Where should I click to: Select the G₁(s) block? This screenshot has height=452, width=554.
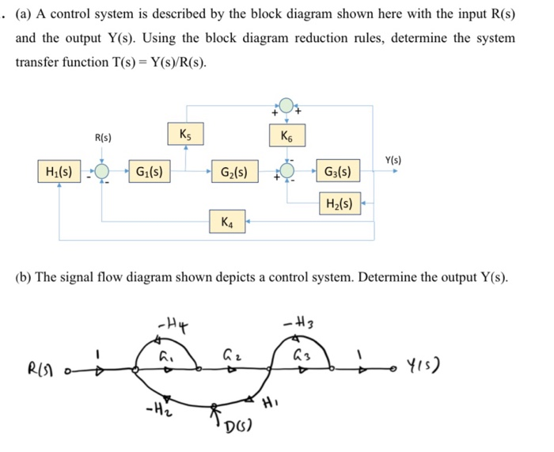coord(150,171)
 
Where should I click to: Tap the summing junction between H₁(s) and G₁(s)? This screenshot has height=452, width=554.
coord(103,171)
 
